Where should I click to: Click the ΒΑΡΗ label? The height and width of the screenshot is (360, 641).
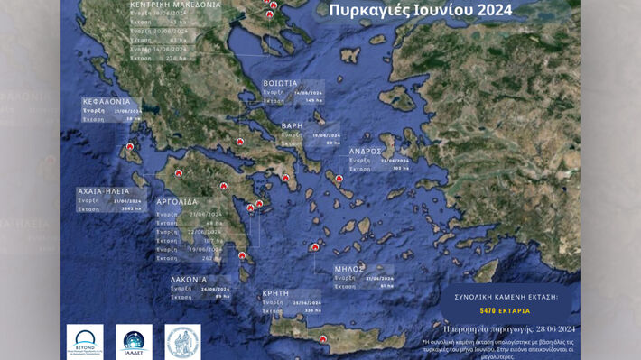point(291,125)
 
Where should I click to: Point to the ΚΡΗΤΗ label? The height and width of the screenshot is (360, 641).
point(276,293)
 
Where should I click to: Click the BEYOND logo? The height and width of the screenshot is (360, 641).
point(85,341)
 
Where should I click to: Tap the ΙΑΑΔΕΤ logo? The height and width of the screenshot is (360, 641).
point(138,341)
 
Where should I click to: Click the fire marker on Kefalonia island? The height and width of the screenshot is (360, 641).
point(130,148)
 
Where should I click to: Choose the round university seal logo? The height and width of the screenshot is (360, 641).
point(182,341)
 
